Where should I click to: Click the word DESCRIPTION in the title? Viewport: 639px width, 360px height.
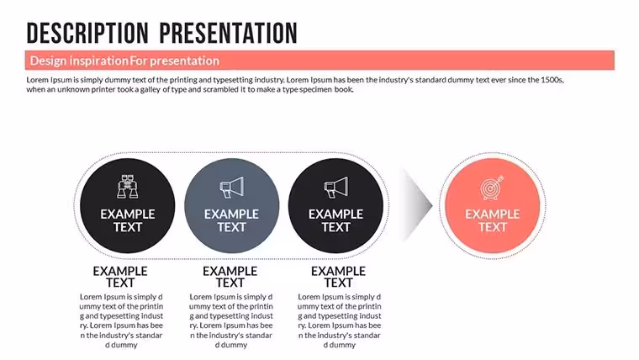(87, 34)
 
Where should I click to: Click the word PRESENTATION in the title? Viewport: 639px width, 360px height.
(228, 34)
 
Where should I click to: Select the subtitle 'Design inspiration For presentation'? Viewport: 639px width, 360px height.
(124, 61)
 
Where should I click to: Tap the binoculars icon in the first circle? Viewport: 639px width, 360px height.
(128, 187)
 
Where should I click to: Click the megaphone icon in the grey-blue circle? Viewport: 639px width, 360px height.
(232, 187)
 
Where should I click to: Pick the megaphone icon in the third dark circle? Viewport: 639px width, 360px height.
(335, 187)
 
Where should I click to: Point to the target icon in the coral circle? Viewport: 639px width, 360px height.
(492, 188)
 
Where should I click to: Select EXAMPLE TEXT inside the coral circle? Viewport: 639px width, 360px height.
(493, 220)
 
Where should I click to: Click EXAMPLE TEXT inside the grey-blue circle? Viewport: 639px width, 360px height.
(231, 220)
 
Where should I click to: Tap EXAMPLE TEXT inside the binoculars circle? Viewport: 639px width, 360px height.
(128, 220)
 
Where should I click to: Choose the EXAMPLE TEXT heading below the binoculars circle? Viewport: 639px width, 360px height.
(120, 277)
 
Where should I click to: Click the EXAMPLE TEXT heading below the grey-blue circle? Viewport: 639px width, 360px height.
(230, 277)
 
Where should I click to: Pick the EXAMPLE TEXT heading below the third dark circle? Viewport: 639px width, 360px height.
(338, 277)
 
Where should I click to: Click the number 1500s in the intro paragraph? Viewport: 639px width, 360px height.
(552, 80)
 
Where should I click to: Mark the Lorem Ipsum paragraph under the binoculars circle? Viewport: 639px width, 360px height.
(121, 320)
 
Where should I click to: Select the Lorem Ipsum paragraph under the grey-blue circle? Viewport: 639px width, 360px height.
(231, 320)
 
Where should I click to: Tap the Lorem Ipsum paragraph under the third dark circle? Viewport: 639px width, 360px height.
(340, 320)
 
